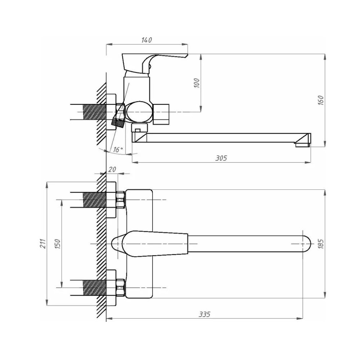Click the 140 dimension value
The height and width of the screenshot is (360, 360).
point(147,40)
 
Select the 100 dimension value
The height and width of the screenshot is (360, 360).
point(197,83)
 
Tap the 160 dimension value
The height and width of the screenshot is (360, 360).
point(321,100)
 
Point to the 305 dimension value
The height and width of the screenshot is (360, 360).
point(221,158)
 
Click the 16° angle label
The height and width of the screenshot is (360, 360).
point(118,150)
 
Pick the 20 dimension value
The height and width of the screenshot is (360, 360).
point(112,170)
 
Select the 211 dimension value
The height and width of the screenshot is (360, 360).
point(43,243)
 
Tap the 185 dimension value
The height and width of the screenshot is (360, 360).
point(321,244)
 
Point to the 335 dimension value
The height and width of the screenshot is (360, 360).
point(204,314)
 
